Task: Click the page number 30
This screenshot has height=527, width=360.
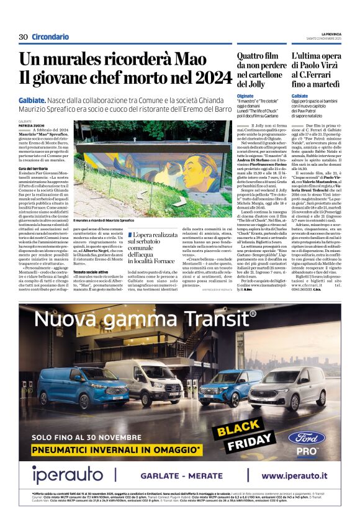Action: (x=23, y=37)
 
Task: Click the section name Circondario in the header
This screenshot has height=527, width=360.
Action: (x=50, y=37)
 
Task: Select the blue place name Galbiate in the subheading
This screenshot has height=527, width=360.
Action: (x=32, y=100)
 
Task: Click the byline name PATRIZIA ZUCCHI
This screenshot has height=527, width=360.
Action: (x=32, y=125)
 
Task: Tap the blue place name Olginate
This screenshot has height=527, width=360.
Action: (x=245, y=96)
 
